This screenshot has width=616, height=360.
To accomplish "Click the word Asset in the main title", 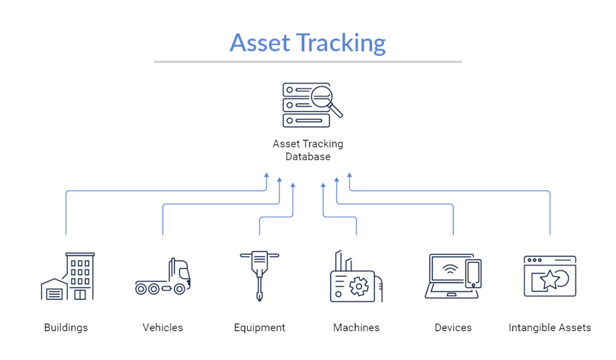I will tap(259, 43).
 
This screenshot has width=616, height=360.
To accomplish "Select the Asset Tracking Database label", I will tap(308, 150).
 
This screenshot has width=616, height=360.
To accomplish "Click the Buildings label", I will tap(66, 327).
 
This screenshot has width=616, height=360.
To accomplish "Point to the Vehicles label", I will tap(163, 327).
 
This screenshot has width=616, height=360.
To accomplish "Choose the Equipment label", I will tap(259, 327).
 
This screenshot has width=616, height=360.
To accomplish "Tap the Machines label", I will tap(356, 327).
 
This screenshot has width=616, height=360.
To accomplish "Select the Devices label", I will tap(453, 327).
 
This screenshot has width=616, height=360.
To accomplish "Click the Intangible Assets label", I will tap(549, 327).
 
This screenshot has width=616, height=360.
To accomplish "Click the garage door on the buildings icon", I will tap(54, 293).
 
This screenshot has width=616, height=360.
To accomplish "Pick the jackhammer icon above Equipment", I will tap(259, 275).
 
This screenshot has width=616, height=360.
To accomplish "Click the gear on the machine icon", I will tap(357, 287).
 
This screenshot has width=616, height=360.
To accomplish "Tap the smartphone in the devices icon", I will tap(473, 273).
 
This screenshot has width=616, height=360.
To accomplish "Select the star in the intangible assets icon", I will tap(549, 281).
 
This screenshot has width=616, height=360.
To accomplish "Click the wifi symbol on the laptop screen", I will tap(452, 269).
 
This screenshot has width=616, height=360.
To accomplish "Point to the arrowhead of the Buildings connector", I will tap(267, 176).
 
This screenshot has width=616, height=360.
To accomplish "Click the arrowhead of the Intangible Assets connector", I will tap(349, 176).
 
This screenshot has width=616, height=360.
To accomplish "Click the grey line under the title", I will tap(308, 62).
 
